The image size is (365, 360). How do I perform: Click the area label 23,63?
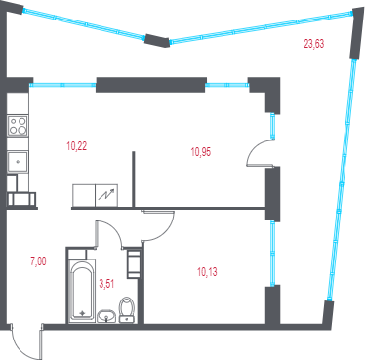314,43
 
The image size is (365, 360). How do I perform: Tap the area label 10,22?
77,146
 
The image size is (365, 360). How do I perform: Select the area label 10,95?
201,152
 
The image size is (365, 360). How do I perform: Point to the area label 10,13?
207,272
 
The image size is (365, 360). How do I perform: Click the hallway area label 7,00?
38,261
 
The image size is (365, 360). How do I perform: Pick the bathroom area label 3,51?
106,284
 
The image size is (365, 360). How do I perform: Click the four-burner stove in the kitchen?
18,126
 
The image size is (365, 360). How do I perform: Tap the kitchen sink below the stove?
18,161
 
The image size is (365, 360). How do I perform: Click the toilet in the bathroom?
127,309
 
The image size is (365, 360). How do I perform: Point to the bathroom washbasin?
106,316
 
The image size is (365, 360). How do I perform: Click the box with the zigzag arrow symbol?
106,195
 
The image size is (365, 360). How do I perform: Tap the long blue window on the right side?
342,179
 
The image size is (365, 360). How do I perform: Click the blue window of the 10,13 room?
272,254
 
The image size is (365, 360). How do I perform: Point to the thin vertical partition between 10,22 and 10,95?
133,179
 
